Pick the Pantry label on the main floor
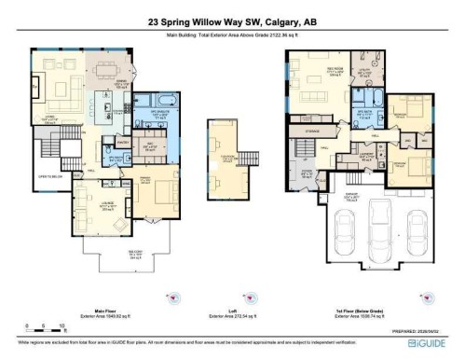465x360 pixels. (x=122, y=142)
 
